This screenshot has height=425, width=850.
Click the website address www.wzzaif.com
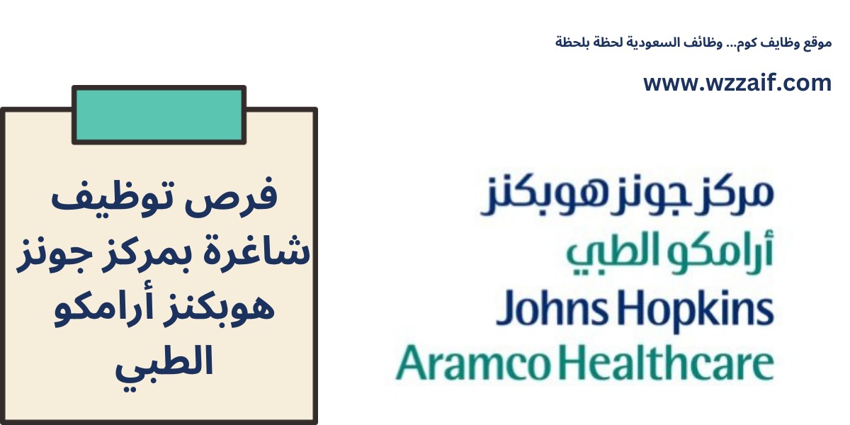click(x=737, y=84)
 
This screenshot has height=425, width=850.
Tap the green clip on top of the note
click(x=159, y=115)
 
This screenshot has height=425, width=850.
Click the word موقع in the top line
click(x=818, y=43)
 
